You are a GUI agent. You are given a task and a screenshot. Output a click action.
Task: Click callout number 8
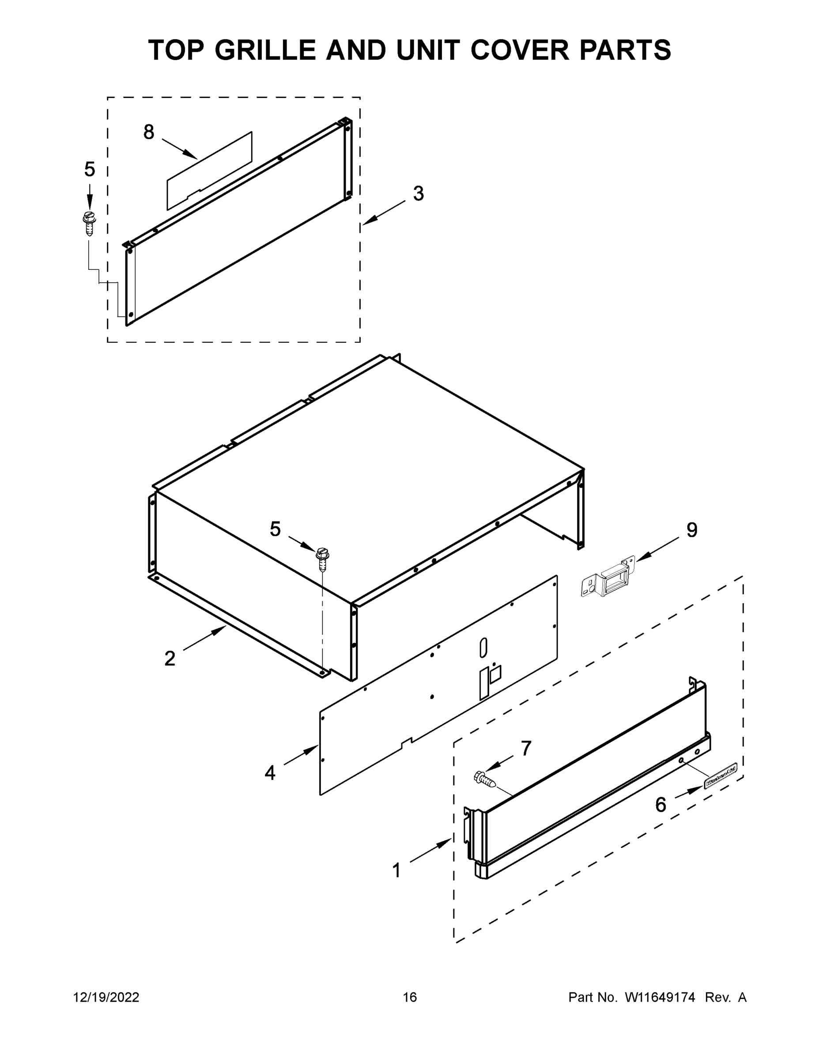coord(148,132)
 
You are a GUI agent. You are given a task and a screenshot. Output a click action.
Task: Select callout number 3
coord(418,193)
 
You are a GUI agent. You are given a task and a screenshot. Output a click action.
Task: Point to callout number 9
coord(691,530)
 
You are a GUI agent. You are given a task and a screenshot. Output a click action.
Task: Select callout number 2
coord(170,659)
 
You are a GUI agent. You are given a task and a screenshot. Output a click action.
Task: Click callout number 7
coord(526,749)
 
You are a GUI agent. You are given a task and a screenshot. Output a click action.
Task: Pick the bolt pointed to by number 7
coord(485,779)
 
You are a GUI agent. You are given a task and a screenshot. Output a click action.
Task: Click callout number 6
coord(660,805)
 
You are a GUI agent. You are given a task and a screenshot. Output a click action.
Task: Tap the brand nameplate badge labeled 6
coord(720,781)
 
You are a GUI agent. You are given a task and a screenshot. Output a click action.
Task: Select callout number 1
coord(396,871)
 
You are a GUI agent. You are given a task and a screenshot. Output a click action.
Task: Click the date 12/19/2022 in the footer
coord(106,997)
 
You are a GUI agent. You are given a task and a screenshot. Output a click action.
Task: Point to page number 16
coord(410,997)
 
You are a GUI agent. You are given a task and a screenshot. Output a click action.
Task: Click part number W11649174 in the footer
coord(660,997)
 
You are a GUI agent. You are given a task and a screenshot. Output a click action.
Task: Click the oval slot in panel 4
coord(483,648)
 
